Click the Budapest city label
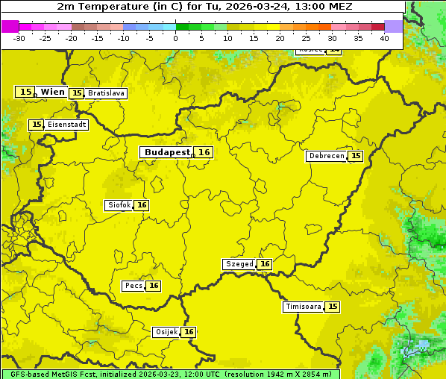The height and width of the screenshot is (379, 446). coord(167,152)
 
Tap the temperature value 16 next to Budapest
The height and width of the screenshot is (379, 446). coord(204,152)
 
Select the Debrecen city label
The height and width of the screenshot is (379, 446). coord(326,156)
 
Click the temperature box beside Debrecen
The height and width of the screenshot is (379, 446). coord(356,156)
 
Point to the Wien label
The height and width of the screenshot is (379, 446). coord(52,92)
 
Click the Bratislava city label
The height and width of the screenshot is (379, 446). coord(105,93)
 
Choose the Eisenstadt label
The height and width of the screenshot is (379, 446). coord(66,125)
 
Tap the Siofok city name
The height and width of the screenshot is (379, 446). coord(119,205)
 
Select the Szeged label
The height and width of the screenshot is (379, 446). coord(239,264)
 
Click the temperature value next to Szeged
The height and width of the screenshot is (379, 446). coord(265,264)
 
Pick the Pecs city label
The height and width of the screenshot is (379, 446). coord(134,286)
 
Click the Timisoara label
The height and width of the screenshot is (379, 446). coord(304,307)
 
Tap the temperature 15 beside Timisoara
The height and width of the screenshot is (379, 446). coord(333,307)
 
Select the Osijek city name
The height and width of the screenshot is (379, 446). coord(166,332)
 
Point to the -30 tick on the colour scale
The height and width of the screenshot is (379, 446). coord(19,38)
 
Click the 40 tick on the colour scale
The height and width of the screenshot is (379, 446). coord(384,38)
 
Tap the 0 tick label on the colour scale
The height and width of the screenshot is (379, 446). coord(176,38)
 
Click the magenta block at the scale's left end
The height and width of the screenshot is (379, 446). coord(10,26)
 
